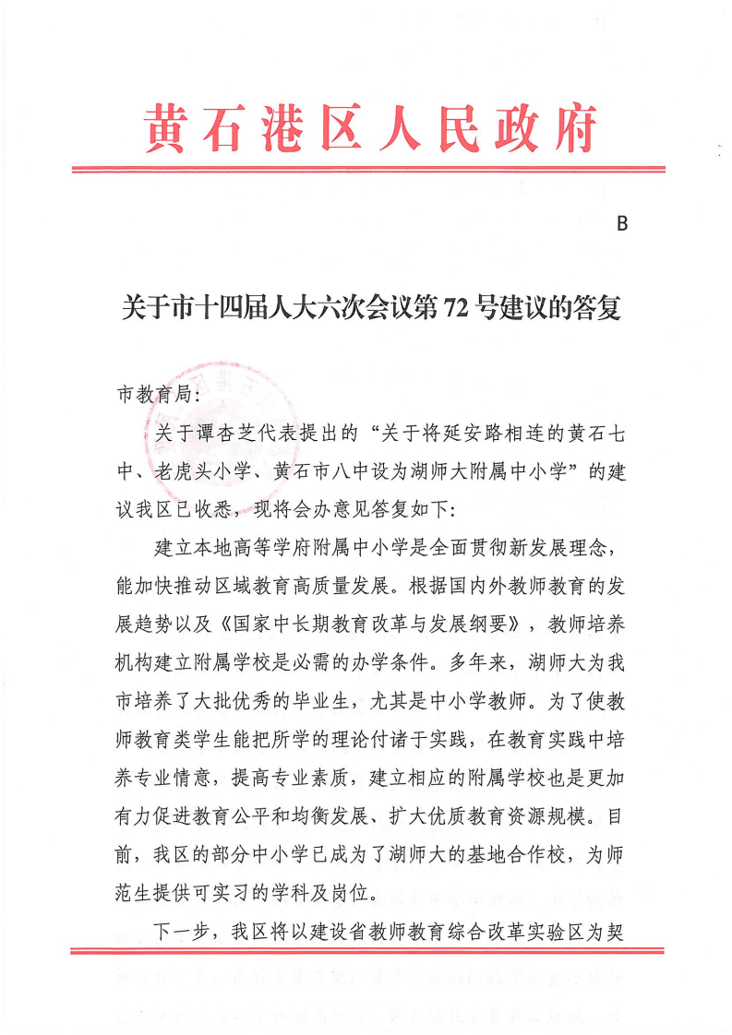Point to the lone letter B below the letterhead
point(621,224)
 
